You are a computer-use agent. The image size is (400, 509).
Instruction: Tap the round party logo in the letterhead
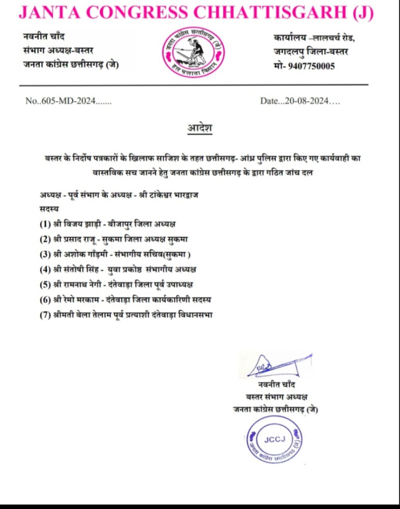click(x=190, y=51)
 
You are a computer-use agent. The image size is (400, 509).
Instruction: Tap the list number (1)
click(x=45, y=224)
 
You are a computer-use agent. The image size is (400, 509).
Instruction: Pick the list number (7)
click(x=45, y=315)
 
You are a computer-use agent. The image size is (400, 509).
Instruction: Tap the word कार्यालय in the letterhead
click(x=289, y=37)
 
